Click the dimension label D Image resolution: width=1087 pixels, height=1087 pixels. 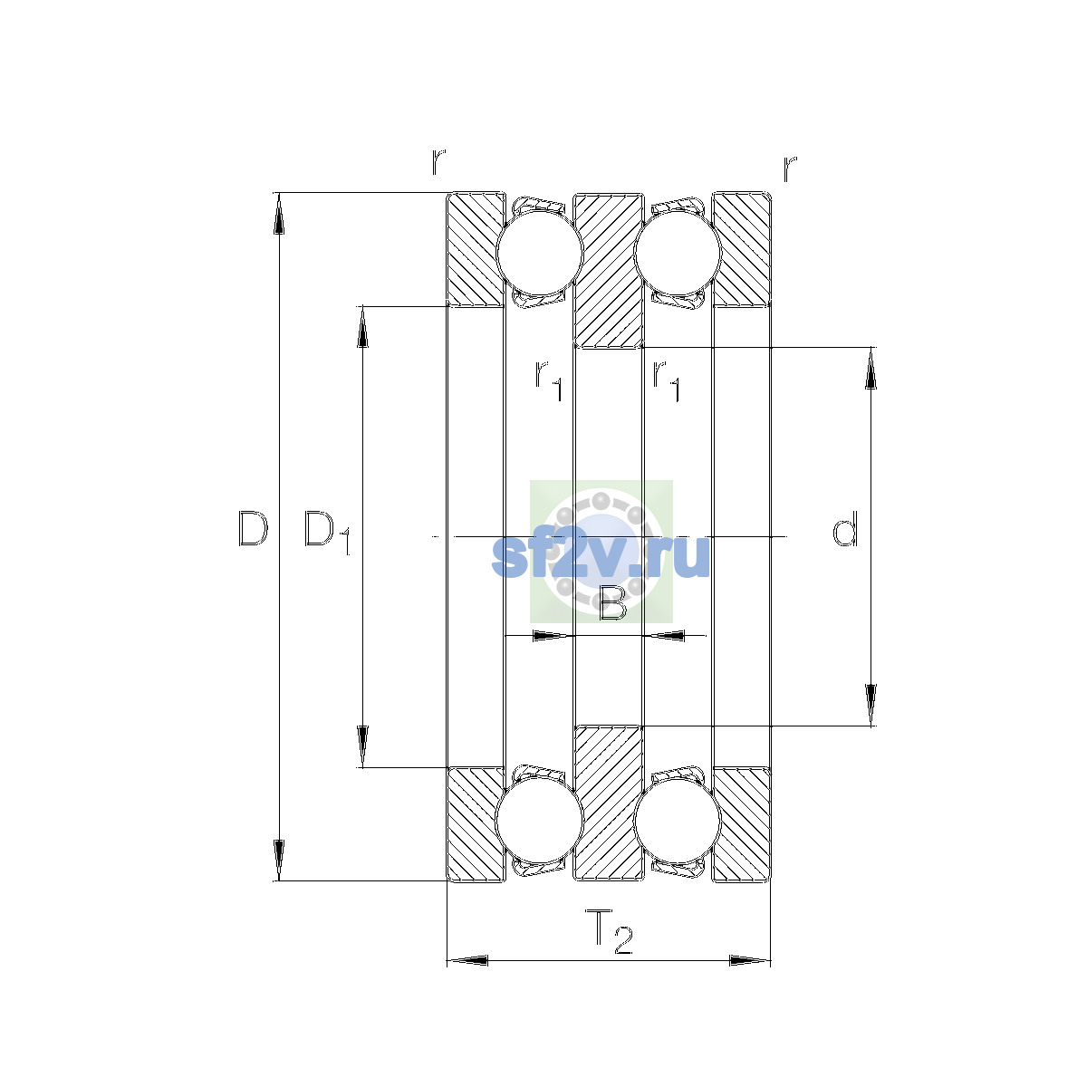pyautogui.click(x=254, y=528)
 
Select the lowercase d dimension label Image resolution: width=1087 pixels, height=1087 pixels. pyautogui.click(x=845, y=528)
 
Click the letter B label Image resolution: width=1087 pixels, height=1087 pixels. pyautogui.click(x=612, y=603)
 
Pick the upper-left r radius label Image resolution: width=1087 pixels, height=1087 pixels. pyautogui.click(x=438, y=162)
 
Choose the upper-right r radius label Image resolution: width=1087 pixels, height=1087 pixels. pyautogui.click(x=790, y=168)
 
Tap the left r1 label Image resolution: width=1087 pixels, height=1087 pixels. pyautogui.click(x=549, y=380)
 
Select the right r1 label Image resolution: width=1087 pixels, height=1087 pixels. pyautogui.click(x=666, y=380)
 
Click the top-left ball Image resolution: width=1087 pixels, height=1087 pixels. pyautogui.click(x=539, y=254)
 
